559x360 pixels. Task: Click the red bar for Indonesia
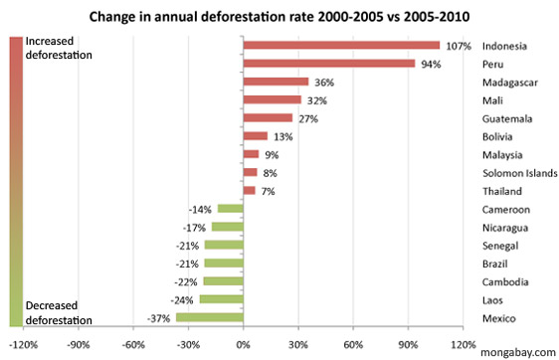pos(341,45)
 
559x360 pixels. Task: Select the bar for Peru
pos(329,64)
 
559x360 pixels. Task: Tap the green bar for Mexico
pos(209,317)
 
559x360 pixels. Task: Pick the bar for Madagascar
pos(276,82)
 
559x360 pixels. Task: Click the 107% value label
pos(458,46)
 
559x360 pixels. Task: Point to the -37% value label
pos(160,318)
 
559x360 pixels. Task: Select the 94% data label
pos(430,64)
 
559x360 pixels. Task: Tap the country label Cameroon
pos(506,209)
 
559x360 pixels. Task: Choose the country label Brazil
pos(496,264)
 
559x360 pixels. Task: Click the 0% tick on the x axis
pos(243,344)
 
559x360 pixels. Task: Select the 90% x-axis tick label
pos(407,344)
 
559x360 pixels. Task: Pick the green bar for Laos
pos(221,299)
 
